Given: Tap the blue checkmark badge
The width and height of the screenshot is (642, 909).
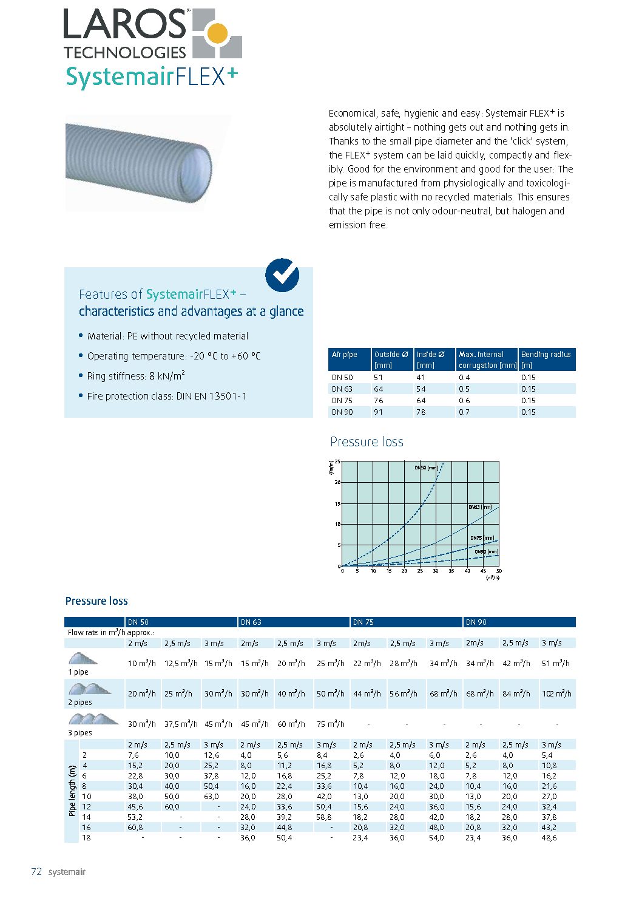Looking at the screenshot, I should [x=282, y=275].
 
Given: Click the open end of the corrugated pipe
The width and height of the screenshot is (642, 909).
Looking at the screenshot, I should [x=198, y=166].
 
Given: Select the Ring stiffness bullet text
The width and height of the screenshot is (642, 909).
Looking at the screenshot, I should [x=136, y=376].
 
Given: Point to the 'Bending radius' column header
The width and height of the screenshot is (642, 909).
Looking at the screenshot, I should [x=546, y=355].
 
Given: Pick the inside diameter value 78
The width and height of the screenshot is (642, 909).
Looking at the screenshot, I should [x=421, y=412].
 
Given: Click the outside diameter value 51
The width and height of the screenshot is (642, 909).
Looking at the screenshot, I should [x=378, y=378].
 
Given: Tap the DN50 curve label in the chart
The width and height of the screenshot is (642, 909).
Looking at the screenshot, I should [x=426, y=468].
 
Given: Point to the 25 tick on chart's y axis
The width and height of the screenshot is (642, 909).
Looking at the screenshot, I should [x=337, y=462].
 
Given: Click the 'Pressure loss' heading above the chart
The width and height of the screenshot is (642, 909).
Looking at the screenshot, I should [x=367, y=442].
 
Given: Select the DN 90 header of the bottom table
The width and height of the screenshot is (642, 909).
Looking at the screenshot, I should [x=476, y=622].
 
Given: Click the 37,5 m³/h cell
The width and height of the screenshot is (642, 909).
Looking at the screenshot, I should [x=180, y=724].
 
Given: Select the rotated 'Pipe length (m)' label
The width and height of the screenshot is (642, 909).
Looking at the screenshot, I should [x=72, y=791].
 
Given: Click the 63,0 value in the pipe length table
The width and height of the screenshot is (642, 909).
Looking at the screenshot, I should [x=211, y=797].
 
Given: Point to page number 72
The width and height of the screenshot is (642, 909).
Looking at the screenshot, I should [x=36, y=872].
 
